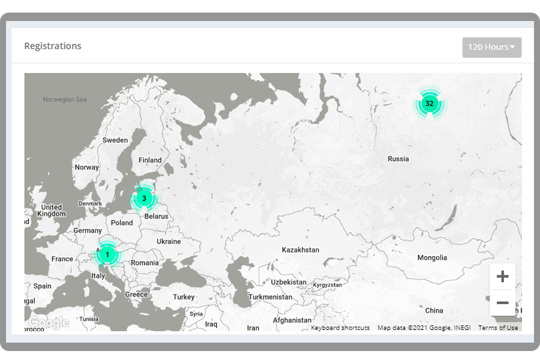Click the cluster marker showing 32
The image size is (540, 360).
429,104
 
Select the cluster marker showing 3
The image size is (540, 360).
144,198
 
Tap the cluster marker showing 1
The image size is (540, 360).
107,254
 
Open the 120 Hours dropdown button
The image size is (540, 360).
491,47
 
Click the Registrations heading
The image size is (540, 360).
53,46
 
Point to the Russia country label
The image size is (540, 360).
398,159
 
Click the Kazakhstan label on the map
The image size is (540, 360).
301,250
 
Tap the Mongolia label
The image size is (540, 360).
432,258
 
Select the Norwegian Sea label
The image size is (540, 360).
65,100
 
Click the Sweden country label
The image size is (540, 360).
115,140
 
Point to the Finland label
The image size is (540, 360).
150,160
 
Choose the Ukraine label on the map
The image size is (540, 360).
169,242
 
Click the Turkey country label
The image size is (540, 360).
184,297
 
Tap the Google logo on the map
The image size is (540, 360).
49,323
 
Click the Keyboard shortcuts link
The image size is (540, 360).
340,328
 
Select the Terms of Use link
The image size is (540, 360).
498,328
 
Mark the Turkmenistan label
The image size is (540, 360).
271,297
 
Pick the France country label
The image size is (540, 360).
62,259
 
